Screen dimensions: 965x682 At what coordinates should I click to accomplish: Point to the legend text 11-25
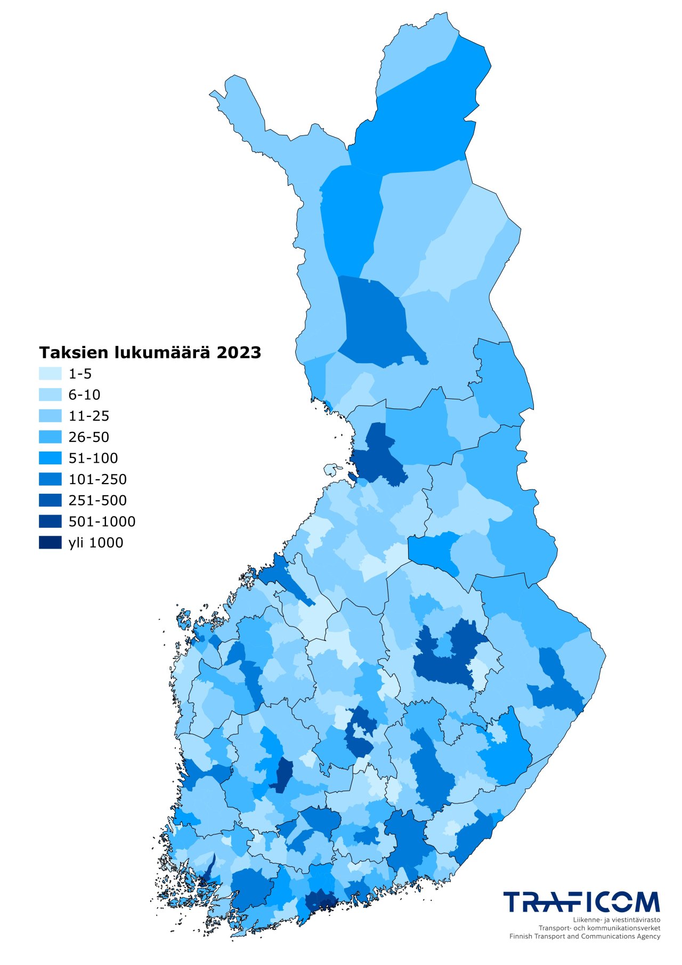[88, 416]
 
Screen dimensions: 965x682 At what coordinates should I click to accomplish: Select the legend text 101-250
[98, 479]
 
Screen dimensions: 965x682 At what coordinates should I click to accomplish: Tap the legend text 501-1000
[102, 521]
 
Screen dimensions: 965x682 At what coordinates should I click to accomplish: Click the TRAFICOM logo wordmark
[581, 902]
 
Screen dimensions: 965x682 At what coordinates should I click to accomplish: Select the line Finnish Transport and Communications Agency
[584, 936]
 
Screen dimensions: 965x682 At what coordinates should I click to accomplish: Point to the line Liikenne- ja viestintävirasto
[616, 920]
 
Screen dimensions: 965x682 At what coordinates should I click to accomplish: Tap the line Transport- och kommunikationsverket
[599, 928]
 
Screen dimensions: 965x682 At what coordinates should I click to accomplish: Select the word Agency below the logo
[648, 936]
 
